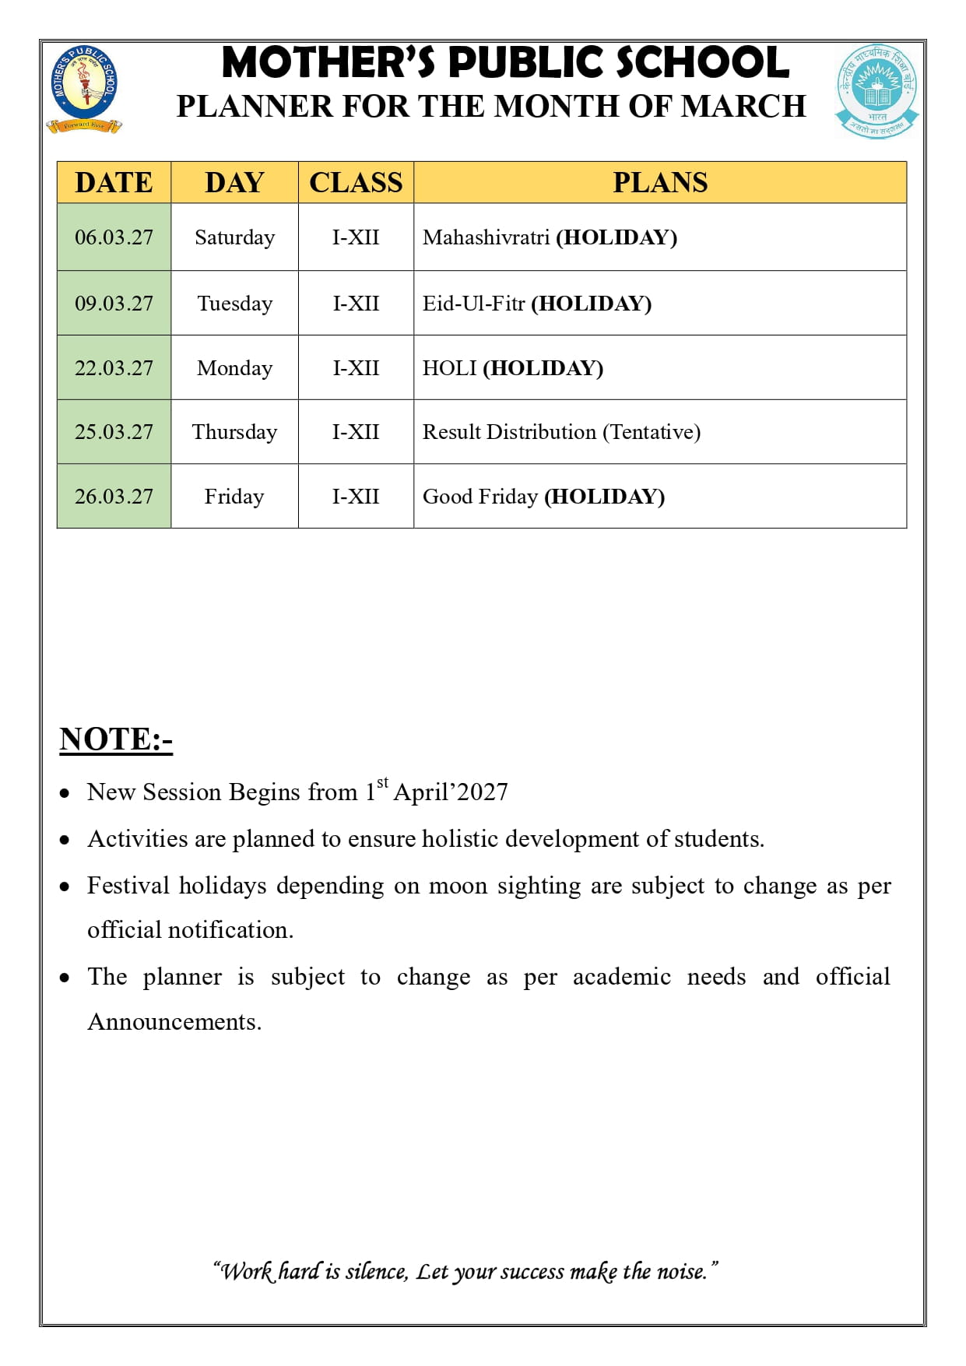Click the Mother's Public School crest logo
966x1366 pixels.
(84, 89)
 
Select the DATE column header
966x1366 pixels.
(114, 183)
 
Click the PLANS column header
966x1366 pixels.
(659, 183)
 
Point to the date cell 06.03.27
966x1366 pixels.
(114, 237)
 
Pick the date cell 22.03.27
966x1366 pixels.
(114, 368)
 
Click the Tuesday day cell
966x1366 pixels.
(234, 304)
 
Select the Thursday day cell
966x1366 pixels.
(234, 432)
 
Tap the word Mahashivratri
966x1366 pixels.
(486, 237)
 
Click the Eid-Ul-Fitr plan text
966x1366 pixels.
(473, 304)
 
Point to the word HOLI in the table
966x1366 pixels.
(449, 368)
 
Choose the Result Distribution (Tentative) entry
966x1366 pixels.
(561, 432)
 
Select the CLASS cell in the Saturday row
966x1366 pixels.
(356, 237)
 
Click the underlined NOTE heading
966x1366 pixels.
(116, 739)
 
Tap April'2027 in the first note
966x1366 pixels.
(451, 792)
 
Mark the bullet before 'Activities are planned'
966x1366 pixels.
(65, 841)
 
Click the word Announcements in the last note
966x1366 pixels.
(174, 1022)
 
